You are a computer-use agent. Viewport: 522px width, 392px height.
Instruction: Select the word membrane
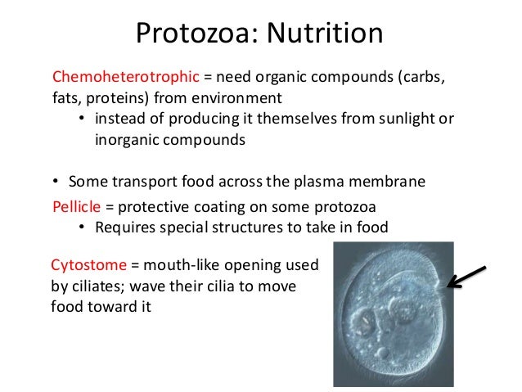coord(394,182)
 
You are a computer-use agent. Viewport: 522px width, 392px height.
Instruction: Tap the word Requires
coord(124,227)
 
